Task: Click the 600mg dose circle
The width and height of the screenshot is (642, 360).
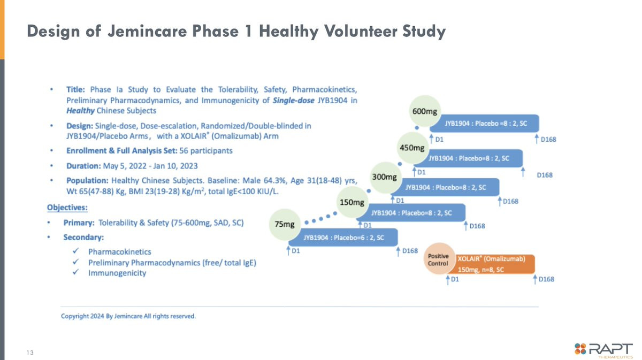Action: pyautogui.click(x=424, y=111)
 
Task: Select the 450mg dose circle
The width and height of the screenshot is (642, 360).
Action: pyautogui.click(x=412, y=148)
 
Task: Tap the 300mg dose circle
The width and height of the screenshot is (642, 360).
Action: pyautogui.click(x=384, y=177)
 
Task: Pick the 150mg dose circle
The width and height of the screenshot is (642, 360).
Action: pyautogui.click(x=352, y=202)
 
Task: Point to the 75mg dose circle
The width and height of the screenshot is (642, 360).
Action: pyautogui.click(x=285, y=224)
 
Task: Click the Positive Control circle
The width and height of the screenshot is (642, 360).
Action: pyautogui.click(x=439, y=259)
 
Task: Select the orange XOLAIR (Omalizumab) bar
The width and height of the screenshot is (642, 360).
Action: pyautogui.click(x=491, y=264)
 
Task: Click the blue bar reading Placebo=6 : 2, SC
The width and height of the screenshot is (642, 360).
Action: pyautogui.click(x=343, y=238)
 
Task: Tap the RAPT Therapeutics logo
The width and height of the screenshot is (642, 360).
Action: pyautogui.click(x=603, y=350)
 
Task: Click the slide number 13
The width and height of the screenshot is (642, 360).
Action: pyautogui.click(x=30, y=353)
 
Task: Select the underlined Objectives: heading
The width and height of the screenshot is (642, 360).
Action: pyautogui.click(x=67, y=208)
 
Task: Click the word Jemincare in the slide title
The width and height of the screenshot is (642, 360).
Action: pyautogui.click(x=147, y=31)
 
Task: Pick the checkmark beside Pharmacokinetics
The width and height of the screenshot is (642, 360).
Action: pyautogui.click(x=75, y=251)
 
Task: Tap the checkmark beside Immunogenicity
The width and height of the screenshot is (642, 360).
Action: pyautogui.click(x=75, y=272)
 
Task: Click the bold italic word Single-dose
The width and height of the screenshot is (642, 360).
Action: pyautogui.click(x=294, y=101)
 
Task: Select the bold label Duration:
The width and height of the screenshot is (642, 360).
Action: pyautogui.click(x=83, y=166)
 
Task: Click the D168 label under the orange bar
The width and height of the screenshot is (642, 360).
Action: pyautogui.click(x=546, y=279)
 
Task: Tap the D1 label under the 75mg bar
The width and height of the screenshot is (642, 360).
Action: pyautogui.click(x=296, y=251)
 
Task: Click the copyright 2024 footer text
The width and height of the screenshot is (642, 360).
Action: pyautogui.click(x=128, y=316)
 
